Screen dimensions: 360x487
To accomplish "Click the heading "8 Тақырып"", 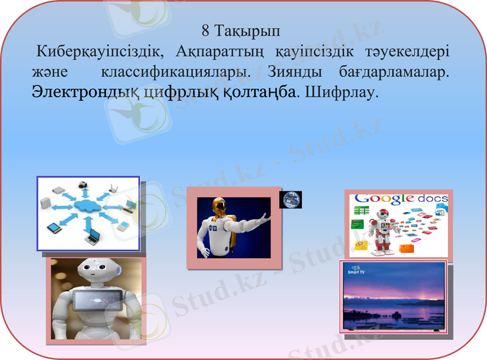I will point(240,29).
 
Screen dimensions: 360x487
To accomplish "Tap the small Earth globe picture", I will point(290,199).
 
